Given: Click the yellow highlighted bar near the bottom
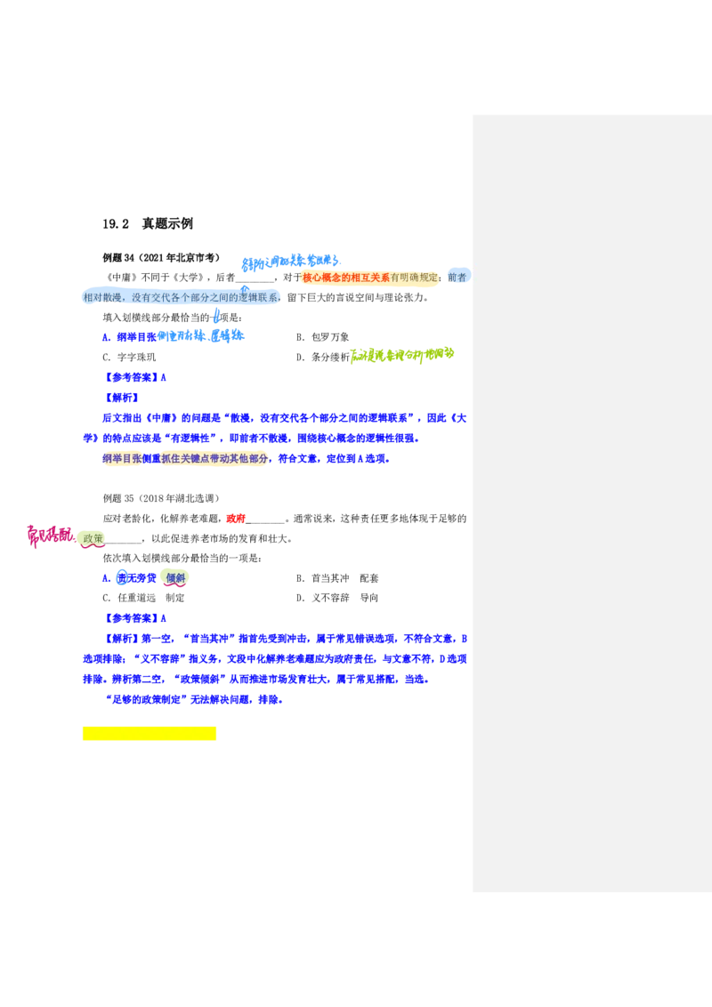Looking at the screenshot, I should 149,735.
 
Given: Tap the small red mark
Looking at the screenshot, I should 235,519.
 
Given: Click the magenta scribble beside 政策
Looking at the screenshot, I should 49,536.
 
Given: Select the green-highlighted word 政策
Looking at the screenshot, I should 92,538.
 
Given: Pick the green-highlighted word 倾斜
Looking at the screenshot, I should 175,577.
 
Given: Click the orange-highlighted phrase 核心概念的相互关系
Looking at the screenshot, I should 345,278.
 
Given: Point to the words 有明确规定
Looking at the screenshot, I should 415,278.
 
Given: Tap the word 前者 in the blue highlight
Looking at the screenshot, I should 457,278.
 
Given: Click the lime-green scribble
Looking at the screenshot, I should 402,355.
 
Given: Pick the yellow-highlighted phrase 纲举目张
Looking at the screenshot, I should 121,458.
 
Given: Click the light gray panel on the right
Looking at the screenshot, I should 590,504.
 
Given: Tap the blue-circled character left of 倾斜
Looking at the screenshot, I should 122,577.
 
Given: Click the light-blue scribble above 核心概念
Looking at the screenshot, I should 290,262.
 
